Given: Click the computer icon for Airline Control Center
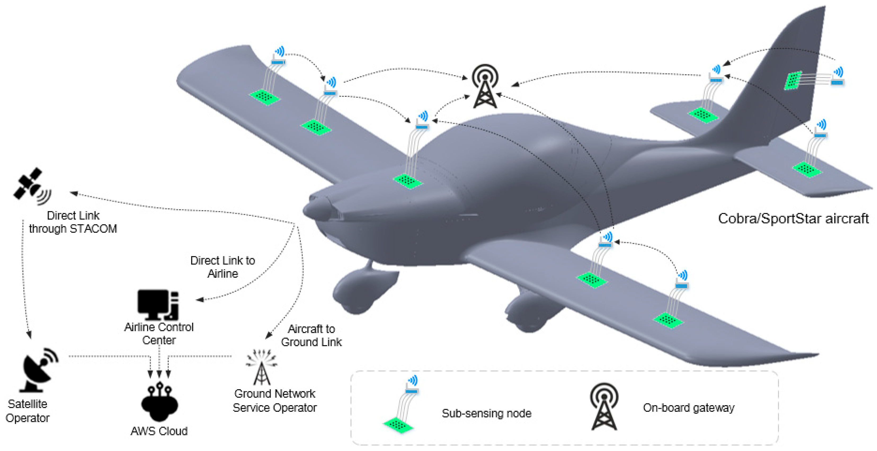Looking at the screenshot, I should point(158,305).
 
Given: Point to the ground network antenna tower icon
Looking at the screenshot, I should point(261,368).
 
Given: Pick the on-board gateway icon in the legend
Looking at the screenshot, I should point(604,407).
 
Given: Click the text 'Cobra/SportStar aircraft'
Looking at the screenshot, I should point(793,218).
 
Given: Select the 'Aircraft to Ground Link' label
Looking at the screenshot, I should point(311,335).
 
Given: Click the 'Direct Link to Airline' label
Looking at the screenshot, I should point(223,267).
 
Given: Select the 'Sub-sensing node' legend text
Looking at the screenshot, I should point(486,413).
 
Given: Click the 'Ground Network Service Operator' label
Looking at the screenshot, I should point(274,401).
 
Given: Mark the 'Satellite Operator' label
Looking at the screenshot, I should point(28,411).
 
